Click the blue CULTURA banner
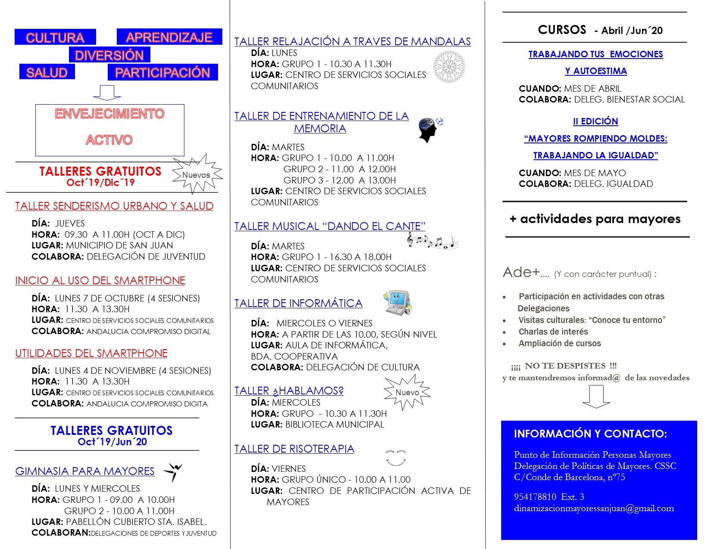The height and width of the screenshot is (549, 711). pos(55,37)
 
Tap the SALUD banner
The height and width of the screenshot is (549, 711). pos(47,72)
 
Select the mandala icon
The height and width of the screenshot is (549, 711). pos(449,67)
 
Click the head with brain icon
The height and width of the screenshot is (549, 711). pos(429,130)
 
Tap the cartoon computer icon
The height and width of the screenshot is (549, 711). pos(397,302)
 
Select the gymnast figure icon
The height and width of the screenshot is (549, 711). pos(173,472)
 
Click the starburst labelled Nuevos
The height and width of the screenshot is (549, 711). pos(196,174)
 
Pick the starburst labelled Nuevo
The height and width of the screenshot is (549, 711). pos(407,392)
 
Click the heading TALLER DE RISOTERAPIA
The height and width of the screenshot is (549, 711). pos(294,449)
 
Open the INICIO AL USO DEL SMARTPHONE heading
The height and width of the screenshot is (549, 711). pos(100,280)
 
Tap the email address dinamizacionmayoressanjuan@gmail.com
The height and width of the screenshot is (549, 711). pos(594,508)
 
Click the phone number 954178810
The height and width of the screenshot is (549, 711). pos(535,496)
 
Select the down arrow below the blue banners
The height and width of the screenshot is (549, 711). pos(107,93)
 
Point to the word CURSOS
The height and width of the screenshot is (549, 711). pos(562,30)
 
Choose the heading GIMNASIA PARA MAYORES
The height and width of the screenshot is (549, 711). pos(85,471)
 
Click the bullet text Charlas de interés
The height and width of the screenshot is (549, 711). pos(553,332)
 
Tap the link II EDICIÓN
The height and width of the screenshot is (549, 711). pos(596,121)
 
